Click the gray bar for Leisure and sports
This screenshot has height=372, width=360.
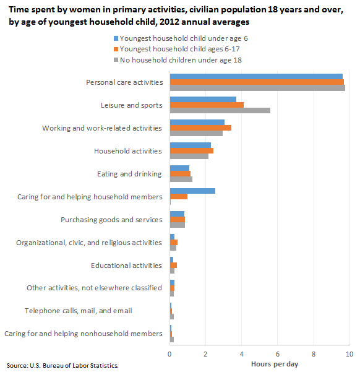click(x=220, y=111)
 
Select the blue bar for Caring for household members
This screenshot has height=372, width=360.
click(x=192, y=191)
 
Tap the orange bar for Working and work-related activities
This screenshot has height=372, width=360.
click(x=200, y=128)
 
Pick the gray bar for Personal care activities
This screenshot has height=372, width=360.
click(x=257, y=88)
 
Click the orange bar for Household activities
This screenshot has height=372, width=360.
click(x=192, y=150)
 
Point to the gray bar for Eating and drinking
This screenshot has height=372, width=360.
click(x=181, y=179)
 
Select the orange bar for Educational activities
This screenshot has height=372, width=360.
click(x=173, y=266)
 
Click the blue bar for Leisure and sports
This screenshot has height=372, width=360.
click(x=203, y=100)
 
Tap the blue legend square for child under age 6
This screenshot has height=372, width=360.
click(x=116, y=38)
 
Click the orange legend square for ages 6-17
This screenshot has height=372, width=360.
click(x=116, y=49)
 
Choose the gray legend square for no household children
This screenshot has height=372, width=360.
click(x=116, y=60)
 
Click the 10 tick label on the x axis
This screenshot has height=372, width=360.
click(x=349, y=354)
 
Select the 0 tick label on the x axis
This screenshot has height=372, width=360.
click(x=169, y=354)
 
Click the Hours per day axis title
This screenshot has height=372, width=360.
click(x=275, y=364)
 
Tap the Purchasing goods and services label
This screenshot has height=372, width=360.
click(x=111, y=220)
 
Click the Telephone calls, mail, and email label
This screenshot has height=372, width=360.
click(x=79, y=311)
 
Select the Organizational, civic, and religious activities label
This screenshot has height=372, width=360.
click(x=89, y=243)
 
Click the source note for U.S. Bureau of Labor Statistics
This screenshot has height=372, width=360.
click(x=62, y=366)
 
